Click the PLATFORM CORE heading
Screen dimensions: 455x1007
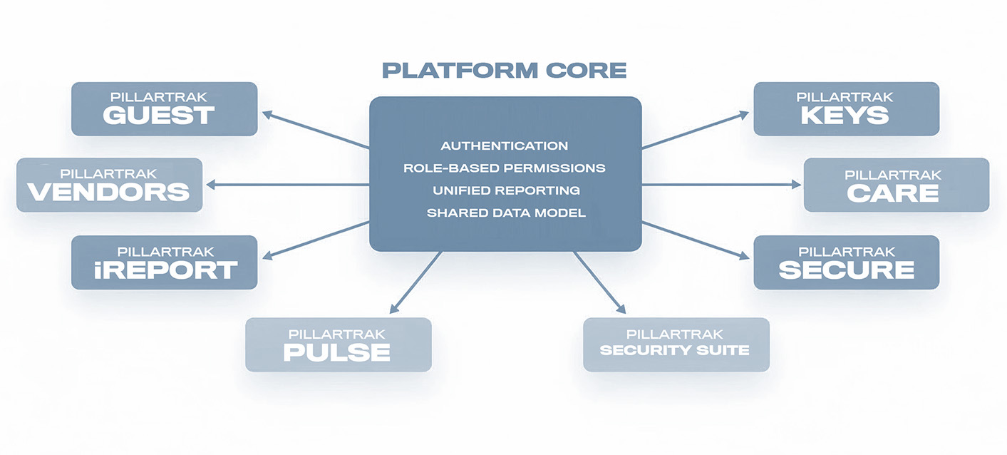pyautogui.click(x=505, y=71)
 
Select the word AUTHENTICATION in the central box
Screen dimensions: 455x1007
pyautogui.click(x=505, y=146)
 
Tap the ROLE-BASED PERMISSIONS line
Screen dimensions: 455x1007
pyautogui.click(x=505, y=168)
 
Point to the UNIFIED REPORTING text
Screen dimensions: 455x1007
pyautogui.click(x=505, y=190)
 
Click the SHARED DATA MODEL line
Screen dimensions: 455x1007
pyautogui.click(x=505, y=213)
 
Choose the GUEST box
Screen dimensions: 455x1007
pyautogui.click(x=164, y=109)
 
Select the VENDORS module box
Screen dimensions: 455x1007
pyautogui.click(x=109, y=185)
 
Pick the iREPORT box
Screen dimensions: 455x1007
pyautogui.click(x=164, y=262)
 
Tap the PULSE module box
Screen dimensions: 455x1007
pyautogui.click(x=338, y=344)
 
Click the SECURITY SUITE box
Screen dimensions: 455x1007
pyautogui.click(x=676, y=344)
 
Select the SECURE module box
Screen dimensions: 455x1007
pyautogui.click(x=846, y=262)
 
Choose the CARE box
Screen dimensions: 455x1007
pyautogui.click(x=896, y=185)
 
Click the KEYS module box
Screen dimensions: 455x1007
pyautogui.click(x=846, y=109)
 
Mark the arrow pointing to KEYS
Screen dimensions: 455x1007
pyautogui.click(x=695, y=130)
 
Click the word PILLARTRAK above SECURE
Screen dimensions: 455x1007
pyautogui.click(x=846, y=252)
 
